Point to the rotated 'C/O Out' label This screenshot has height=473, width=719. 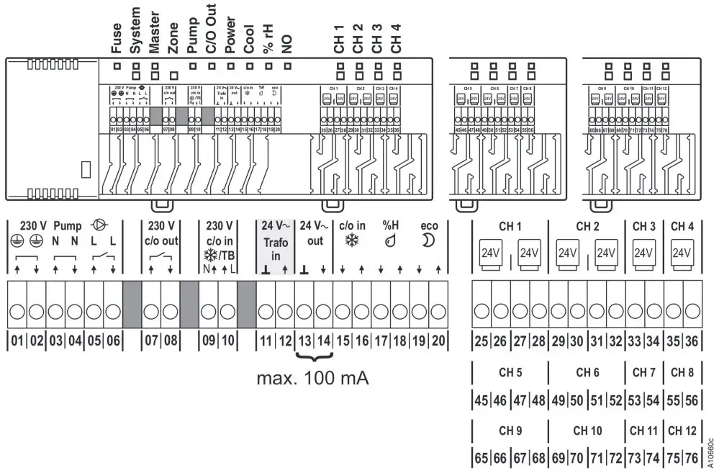211,30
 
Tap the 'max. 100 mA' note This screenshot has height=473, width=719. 313,378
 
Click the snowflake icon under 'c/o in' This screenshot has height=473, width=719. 352,242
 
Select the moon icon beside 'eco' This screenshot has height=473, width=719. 430,242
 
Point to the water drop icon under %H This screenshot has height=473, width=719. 391,243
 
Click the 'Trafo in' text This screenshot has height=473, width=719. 275,249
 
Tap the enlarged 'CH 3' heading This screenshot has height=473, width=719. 643,226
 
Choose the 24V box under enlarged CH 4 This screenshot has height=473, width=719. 682,253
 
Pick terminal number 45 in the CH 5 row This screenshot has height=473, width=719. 483,400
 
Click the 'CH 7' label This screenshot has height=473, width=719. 643,372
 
